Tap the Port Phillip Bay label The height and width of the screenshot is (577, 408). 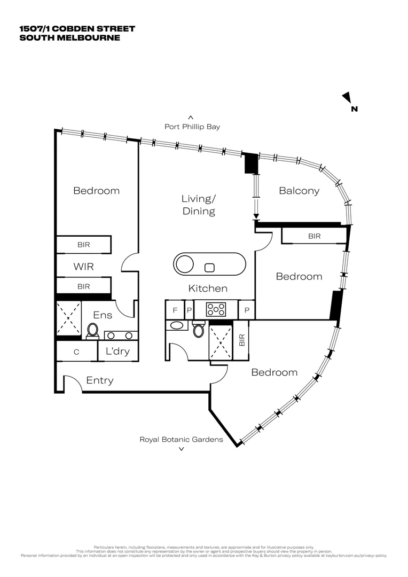pos(192,127)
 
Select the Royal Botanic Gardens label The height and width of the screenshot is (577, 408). pos(181,439)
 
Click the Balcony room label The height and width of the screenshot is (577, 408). pos(299,191)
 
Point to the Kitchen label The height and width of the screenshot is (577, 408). pos(208,288)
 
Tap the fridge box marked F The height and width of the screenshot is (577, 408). pos(174,309)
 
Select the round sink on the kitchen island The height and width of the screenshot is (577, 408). pos(185,264)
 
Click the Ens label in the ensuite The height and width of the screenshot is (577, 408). pos(103,315)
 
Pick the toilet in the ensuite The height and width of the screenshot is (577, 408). pos(92,331)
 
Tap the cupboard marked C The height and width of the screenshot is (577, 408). pos(76,352)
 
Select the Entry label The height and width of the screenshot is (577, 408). pos(99,380)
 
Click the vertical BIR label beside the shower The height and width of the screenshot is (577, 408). pos(241,339)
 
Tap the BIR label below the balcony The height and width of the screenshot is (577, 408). pos(314,236)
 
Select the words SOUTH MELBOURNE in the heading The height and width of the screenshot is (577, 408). pos(69,37)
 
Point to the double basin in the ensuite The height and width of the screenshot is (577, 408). pos(120,336)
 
